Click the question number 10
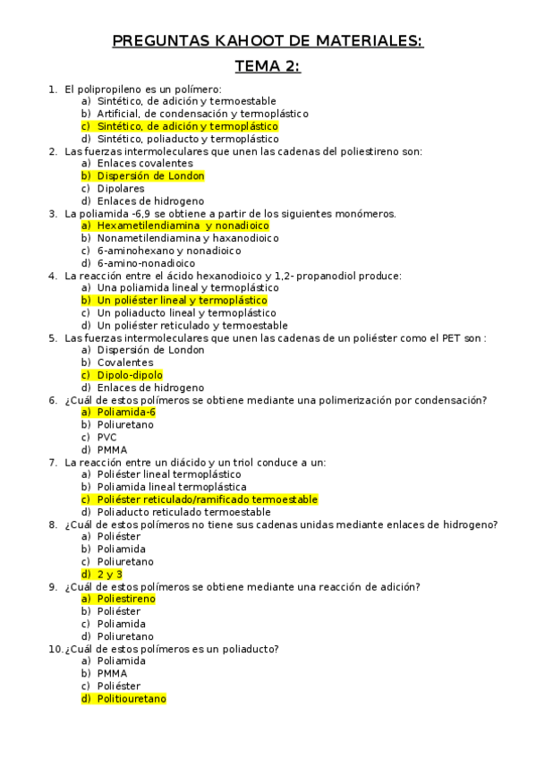click(54, 649)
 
